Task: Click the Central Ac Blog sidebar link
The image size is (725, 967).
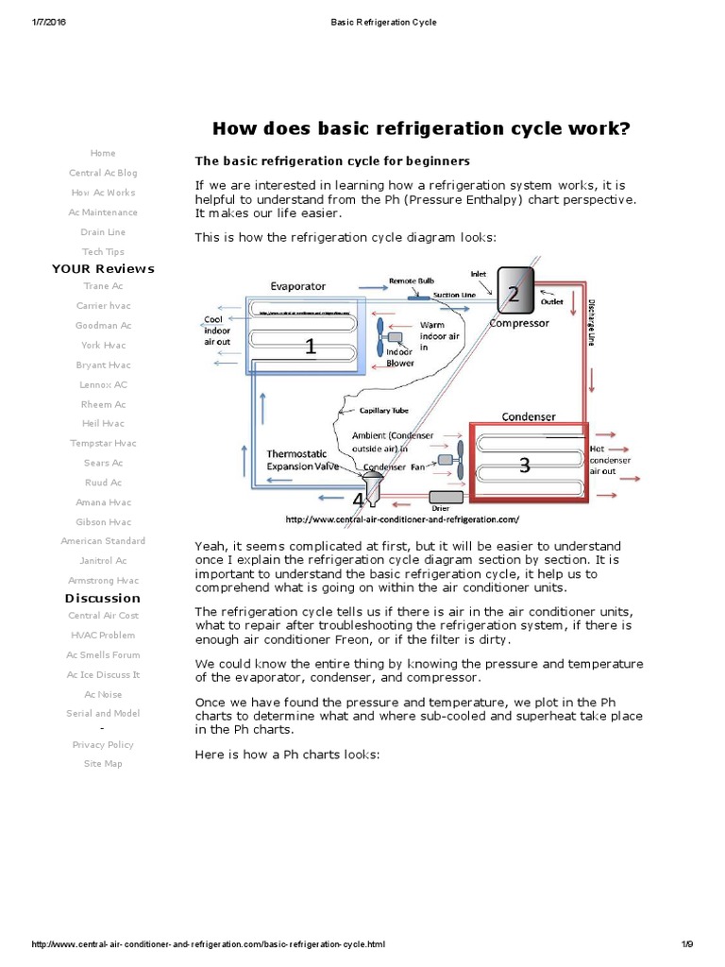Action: coord(103,173)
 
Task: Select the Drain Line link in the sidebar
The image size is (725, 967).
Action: coord(103,231)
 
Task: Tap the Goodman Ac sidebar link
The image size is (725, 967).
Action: coord(103,326)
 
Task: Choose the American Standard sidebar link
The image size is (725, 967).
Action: coord(103,541)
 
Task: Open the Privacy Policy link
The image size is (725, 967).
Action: coord(103,744)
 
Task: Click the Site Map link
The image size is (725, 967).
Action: coord(103,763)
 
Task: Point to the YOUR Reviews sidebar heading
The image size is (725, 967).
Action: coord(103,269)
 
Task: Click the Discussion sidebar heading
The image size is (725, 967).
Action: coord(103,598)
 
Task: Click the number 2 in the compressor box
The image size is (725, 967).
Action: coord(513,294)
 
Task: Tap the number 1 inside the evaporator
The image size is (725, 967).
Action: coord(309,347)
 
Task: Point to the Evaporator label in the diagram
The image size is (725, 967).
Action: coord(298,285)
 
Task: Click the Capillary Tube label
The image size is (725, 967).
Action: coord(384,411)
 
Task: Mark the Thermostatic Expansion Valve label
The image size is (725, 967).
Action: coord(302,460)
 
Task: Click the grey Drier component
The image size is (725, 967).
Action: coord(446,497)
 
